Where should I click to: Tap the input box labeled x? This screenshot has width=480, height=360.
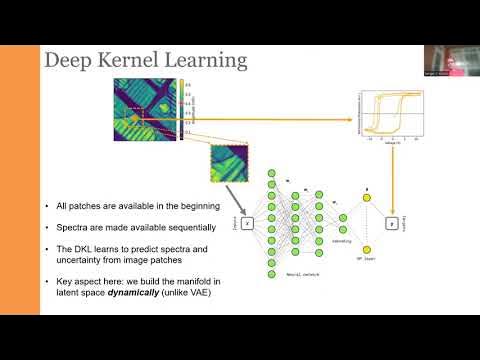pyautogui.click(x=247, y=224)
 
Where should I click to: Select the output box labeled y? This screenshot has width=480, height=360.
pyautogui.click(x=392, y=223)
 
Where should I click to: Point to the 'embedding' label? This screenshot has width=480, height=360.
pyautogui.click(x=332, y=240)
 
